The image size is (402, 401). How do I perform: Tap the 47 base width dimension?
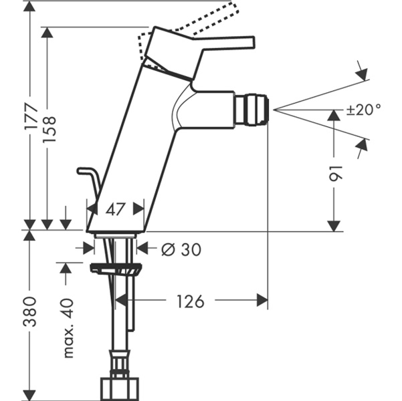(116, 209)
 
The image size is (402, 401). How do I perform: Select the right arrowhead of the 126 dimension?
(262, 301)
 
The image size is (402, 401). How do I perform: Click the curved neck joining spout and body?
(180, 111)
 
